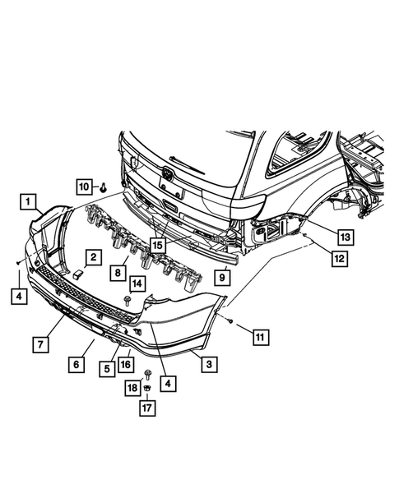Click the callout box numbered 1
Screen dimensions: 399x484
click(x=28, y=202)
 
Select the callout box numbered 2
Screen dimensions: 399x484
click(x=93, y=257)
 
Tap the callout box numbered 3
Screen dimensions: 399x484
click(x=209, y=364)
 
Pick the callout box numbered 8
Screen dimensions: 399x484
click(x=118, y=273)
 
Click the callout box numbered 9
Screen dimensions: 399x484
click(x=222, y=278)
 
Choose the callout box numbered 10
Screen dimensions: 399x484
click(x=85, y=187)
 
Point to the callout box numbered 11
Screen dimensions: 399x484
click(x=261, y=337)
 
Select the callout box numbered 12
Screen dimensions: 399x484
click(x=339, y=258)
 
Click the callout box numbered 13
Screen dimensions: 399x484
click(x=346, y=237)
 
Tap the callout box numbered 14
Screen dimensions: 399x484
click(x=137, y=283)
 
